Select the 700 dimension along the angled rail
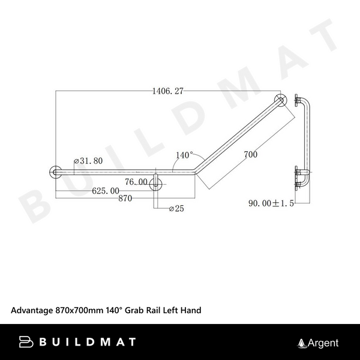[x=251, y=155]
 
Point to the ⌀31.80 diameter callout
[x=88, y=161]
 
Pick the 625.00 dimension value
[x=105, y=191]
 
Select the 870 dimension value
[x=125, y=199]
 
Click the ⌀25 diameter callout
[x=178, y=209]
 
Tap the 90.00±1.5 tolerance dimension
[x=271, y=204]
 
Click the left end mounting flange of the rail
[x=55, y=172]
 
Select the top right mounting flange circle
[x=280, y=100]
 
